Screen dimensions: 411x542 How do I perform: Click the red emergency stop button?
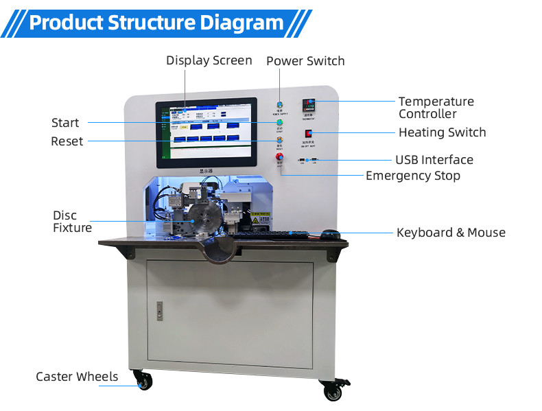(x=279, y=158)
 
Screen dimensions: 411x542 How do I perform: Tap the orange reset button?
(x=279, y=141)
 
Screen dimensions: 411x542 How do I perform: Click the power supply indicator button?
(x=279, y=104)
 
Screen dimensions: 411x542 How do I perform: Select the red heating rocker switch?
(x=309, y=133)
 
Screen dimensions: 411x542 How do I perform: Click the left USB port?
(x=302, y=161)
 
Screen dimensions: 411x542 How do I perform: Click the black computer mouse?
(x=331, y=234)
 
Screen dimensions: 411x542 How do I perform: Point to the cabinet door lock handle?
(x=159, y=310)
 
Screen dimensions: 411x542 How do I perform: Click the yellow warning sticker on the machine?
(x=261, y=218)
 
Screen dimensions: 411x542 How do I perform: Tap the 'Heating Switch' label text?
(x=442, y=132)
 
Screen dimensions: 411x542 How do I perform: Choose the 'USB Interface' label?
(x=434, y=160)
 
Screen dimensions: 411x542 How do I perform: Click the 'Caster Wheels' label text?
(x=77, y=377)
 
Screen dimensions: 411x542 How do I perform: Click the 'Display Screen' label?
(x=209, y=60)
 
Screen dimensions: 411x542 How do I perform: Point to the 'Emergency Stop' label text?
(x=412, y=176)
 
